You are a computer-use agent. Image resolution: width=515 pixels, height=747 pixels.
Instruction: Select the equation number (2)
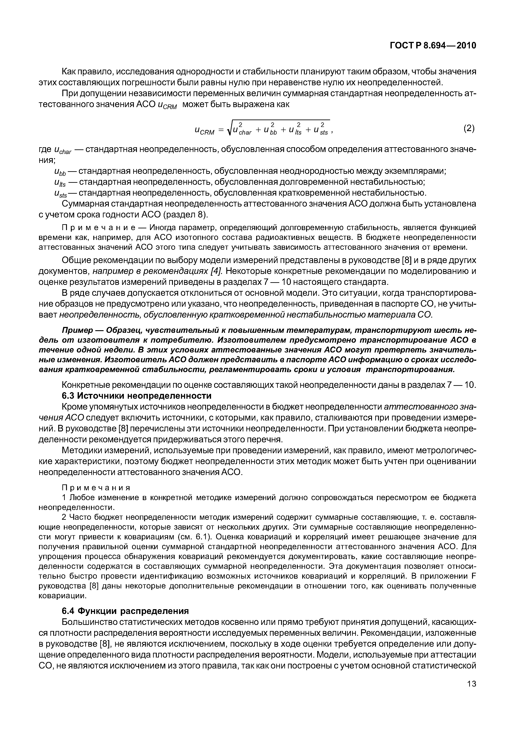[x=469, y=128]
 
